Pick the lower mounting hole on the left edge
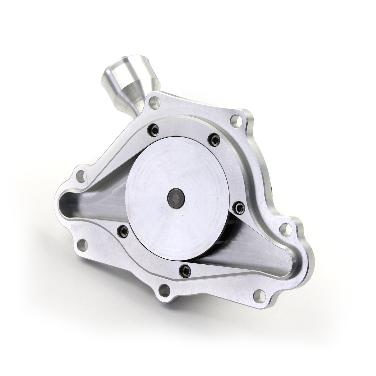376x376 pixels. [x=83, y=244]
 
